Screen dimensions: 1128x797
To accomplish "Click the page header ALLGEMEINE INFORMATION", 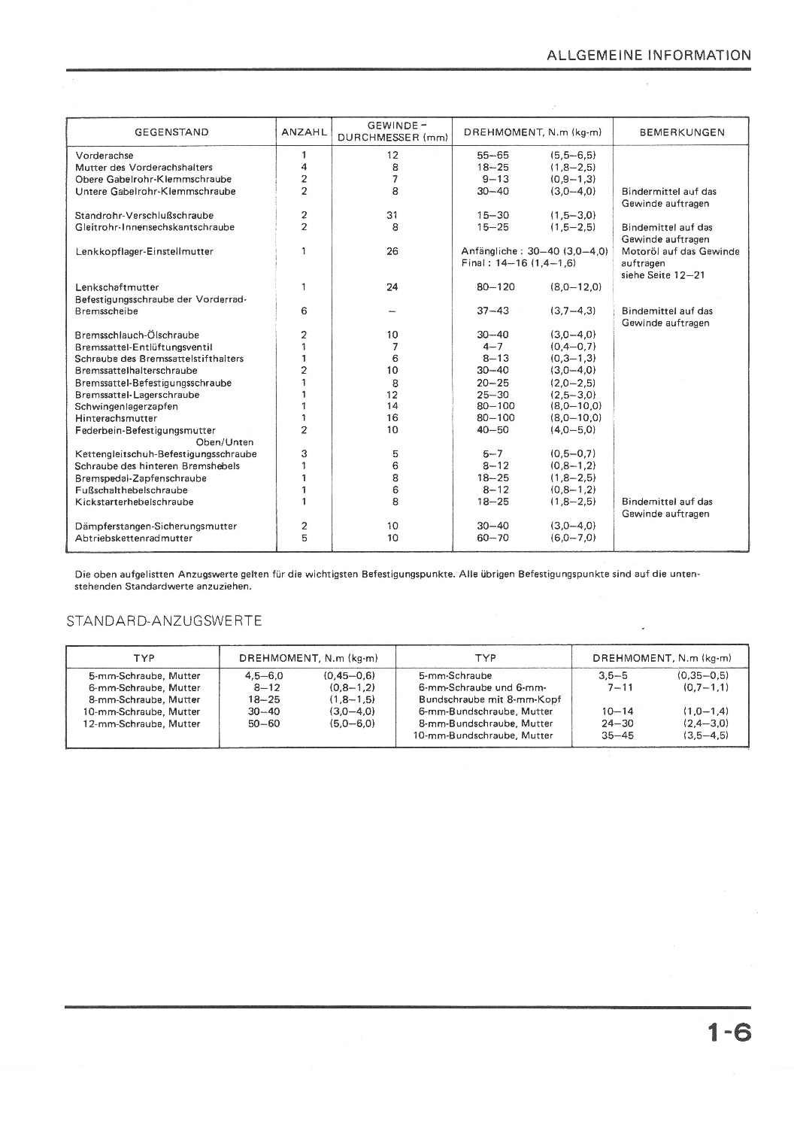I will [648, 55].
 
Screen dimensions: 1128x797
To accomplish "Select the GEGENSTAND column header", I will [171, 132].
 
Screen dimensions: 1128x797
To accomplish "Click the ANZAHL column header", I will [304, 132].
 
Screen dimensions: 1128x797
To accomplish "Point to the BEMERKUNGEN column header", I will [681, 132].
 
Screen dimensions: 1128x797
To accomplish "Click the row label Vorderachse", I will [105, 156].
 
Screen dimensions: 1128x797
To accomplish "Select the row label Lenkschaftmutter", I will [117, 287].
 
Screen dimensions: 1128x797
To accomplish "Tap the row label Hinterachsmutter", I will [116, 418].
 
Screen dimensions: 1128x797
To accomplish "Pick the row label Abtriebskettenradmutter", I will [134, 538].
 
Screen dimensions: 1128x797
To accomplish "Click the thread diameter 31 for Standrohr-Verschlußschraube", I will [392, 215].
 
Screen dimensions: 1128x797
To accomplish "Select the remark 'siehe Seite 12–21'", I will [663, 275].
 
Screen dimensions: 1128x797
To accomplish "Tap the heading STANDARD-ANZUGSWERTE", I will [164, 621].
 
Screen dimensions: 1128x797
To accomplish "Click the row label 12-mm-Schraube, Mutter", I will [141, 723].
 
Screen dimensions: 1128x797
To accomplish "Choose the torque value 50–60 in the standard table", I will [264, 723].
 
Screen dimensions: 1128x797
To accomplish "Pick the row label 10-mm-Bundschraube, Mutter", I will [483, 735].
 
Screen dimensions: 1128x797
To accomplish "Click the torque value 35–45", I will [617, 735].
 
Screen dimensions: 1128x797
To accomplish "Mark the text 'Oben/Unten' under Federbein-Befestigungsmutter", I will [225, 442].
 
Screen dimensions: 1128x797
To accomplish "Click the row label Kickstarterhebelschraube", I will [134, 502].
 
